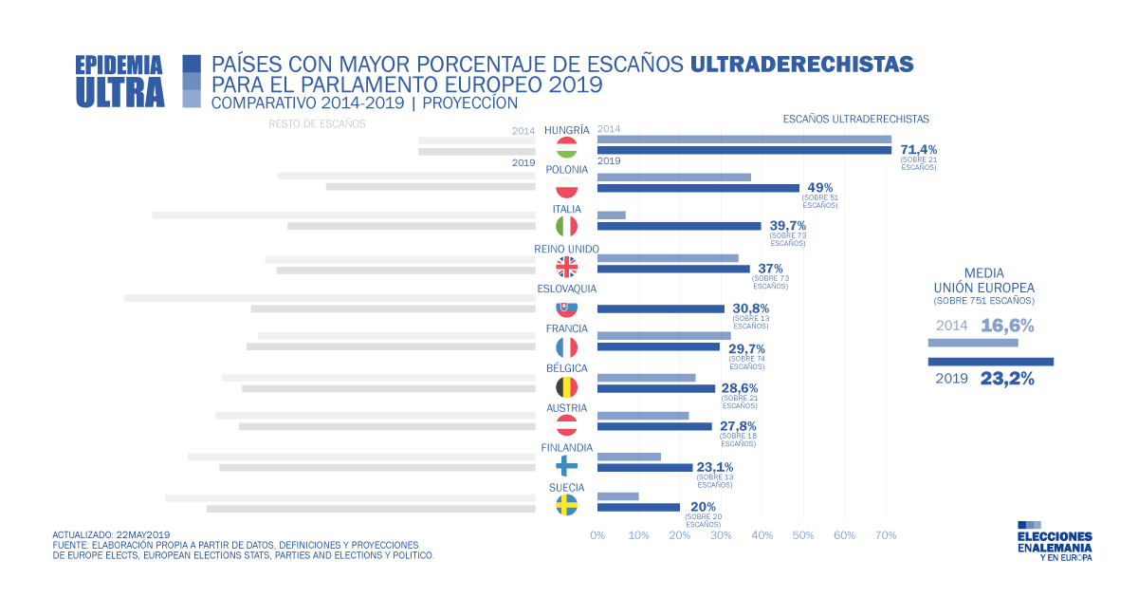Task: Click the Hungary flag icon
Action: point(566,149)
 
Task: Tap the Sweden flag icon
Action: point(566,504)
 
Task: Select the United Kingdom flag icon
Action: point(566,267)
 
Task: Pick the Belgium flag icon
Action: point(566,386)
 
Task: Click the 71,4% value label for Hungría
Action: point(918,149)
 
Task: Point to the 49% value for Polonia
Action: point(819,187)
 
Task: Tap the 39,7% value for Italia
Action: point(788,225)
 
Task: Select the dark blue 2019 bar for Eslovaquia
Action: point(661,308)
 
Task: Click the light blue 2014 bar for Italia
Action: point(612,215)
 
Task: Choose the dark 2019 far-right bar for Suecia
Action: point(638,507)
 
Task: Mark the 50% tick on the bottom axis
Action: point(803,535)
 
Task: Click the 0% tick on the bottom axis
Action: point(597,535)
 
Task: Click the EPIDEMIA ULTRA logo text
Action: point(119,80)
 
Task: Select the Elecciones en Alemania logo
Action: point(1054,541)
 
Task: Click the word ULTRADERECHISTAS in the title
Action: point(801,65)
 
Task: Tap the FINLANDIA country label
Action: point(566,448)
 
